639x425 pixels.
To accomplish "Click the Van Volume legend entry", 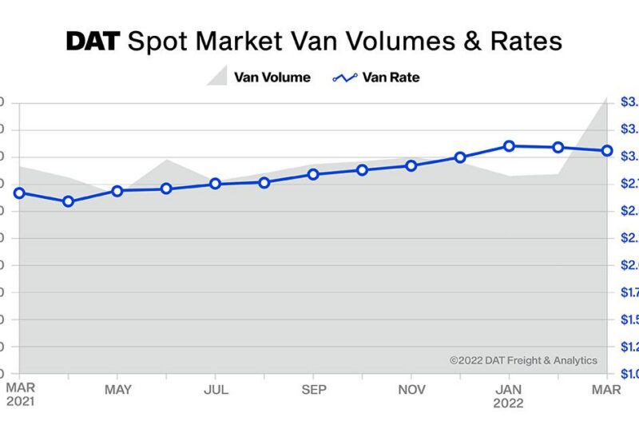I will point(259,77).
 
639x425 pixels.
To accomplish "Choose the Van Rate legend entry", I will point(376,77).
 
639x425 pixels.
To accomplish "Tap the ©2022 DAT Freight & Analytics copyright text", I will point(523,360).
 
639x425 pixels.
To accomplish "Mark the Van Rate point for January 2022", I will point(510,145).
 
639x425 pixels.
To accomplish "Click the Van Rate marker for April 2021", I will point(69,201).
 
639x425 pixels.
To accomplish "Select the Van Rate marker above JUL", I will point(216,184).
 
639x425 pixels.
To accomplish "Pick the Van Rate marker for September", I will point(314,174).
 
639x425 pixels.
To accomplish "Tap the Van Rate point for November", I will point(411,165).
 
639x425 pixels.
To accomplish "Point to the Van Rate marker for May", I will point(117,191).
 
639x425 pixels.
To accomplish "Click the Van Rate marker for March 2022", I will point(607,150).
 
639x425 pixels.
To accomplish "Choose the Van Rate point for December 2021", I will point(461,157).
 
